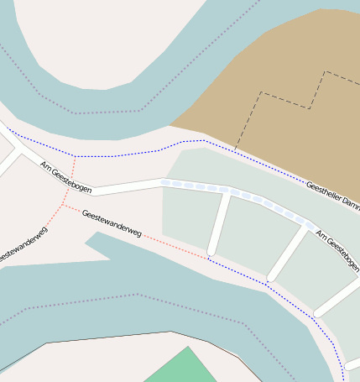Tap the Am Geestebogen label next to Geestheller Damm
coord(337,251)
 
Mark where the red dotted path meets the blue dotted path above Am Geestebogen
coord(75,156)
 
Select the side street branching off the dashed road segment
coord(219,222)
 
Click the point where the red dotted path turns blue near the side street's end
coord(207,258)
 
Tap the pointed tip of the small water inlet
coord(87,244)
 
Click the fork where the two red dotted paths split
coord(62,204)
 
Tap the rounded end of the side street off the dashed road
coord(212,250)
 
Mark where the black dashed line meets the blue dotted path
coord(235,151)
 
